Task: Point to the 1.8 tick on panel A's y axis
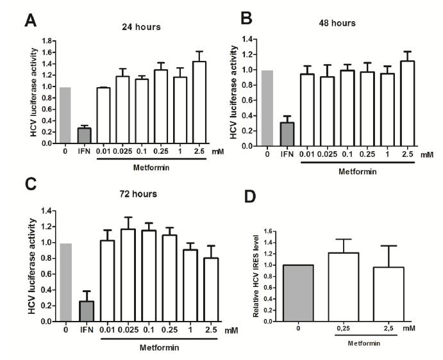[51, 40]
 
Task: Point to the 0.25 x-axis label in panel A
[160, 151]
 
